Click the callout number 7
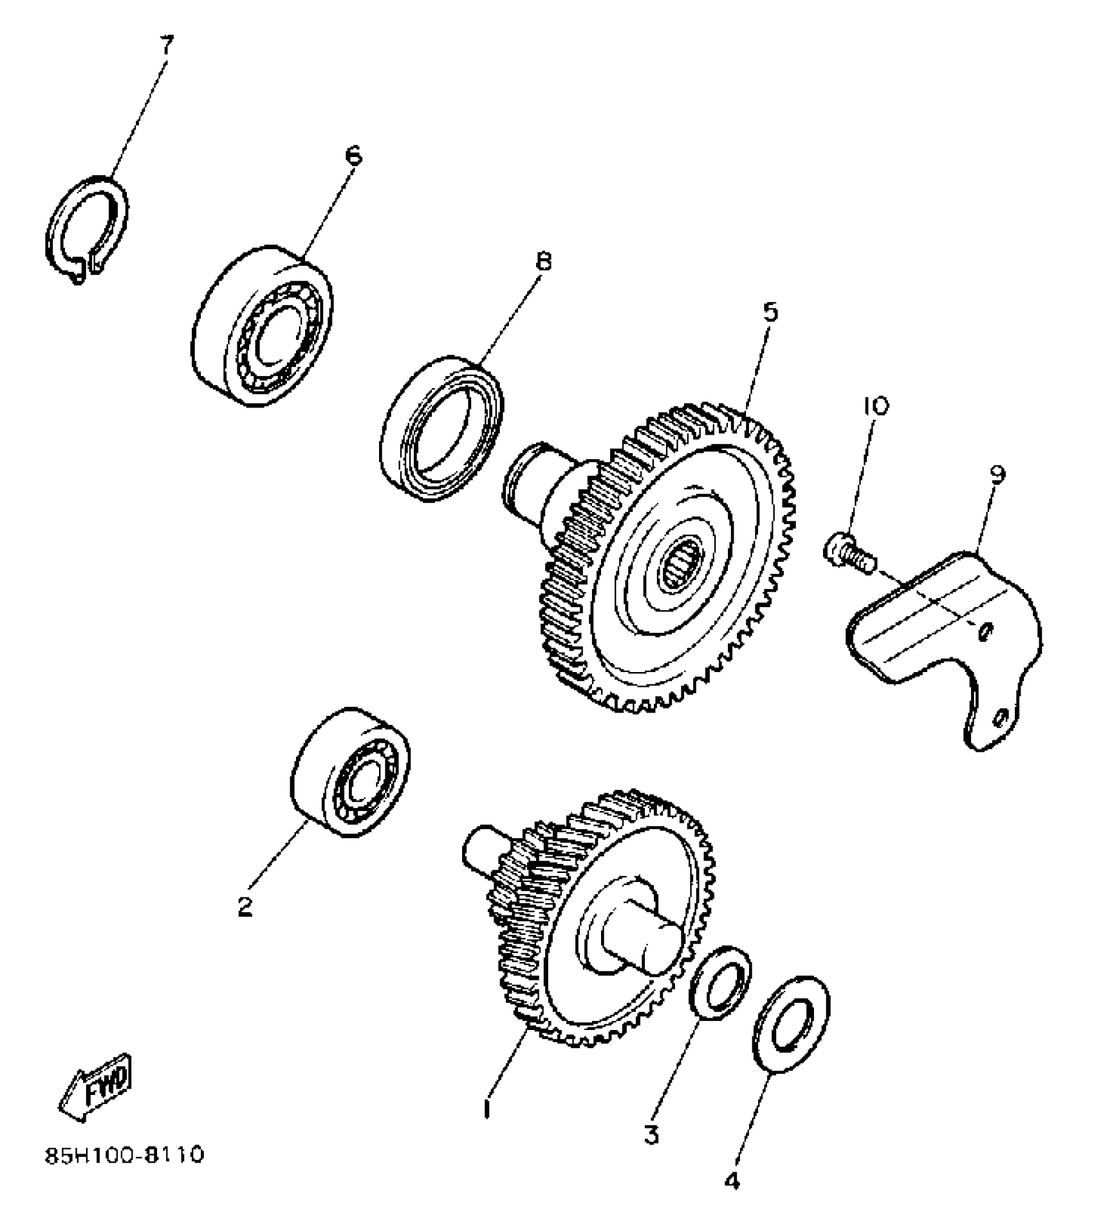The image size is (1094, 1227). click(166, 46)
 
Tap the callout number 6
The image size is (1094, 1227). click(353, 156)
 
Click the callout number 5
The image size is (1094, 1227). click(770, 312)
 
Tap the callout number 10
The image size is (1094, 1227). click(875, 406)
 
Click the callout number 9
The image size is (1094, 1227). click(997, 474)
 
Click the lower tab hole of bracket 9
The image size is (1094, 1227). click(1001, 717)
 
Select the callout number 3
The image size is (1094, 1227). click(651, 1133)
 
